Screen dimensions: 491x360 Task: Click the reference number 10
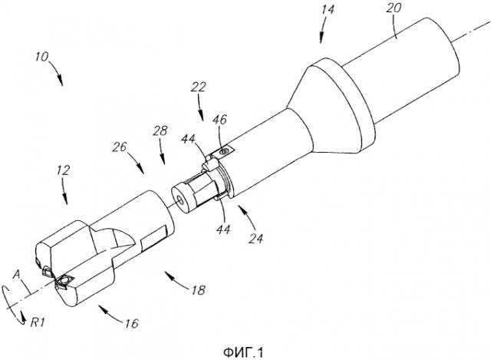[x=41, y=58]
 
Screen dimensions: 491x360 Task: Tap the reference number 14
[x=327, y=9]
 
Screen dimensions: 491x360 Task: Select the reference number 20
[x=394, y=8]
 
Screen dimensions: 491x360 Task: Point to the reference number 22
[x=199, y=87]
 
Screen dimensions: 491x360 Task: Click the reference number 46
[x=220, y=120]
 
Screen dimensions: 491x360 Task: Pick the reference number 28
[x=160, y=130]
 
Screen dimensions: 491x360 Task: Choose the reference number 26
[x=120, y=147]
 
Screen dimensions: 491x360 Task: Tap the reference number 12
[x=63, y=170]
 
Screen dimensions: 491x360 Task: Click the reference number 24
[x=256, y=239]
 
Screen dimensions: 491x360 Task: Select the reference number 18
[x=198, y=290]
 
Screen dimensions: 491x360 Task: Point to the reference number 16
[x=131, y=323]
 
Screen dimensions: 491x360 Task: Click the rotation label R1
[x=38, y=322]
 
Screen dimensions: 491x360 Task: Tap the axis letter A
[x=16, y=275]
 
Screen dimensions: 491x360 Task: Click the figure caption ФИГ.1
[x=243, y=353]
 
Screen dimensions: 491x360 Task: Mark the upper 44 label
[x=189, y=138]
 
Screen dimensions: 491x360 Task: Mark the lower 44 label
[x=223, y=229]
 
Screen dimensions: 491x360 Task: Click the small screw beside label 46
[x=224, y=152]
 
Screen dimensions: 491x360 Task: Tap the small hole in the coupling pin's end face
[x=180, y=199]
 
